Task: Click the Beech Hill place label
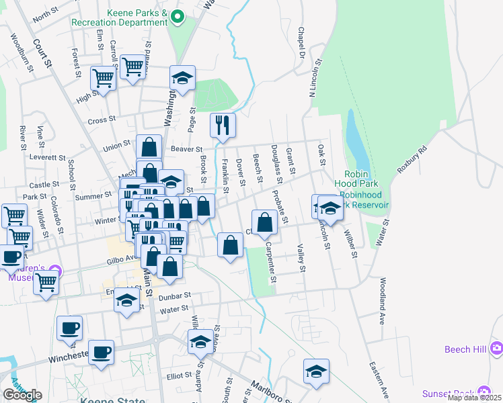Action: (x=465, y=349)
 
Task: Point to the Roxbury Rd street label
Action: (x=412, y=159)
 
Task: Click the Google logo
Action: (x=22, y=394)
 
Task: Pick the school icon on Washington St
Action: (x=182, y=78)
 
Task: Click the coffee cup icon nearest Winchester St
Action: (x=101, y=352)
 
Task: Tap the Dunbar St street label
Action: (x=175, y=295)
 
